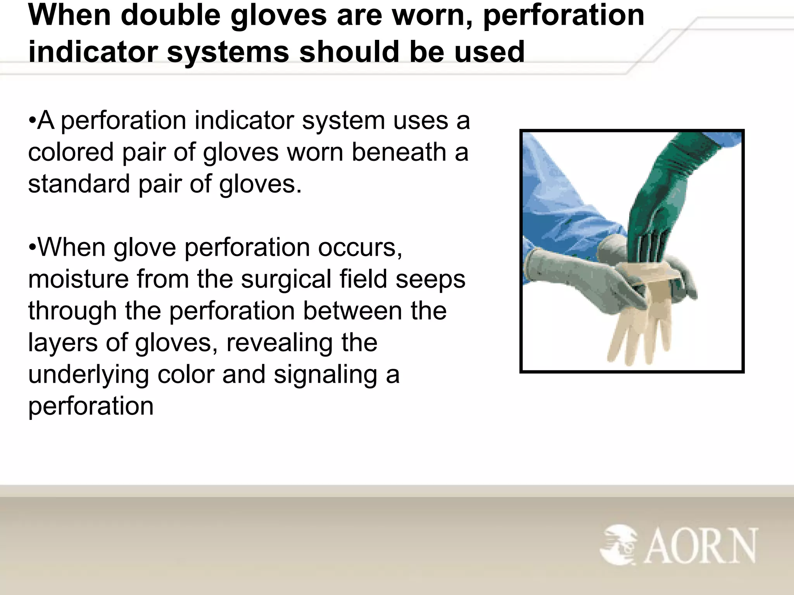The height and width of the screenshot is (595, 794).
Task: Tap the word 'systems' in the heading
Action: point(228,52)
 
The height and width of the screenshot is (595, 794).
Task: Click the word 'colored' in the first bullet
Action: point(71,152)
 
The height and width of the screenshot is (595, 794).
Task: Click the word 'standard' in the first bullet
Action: point(79,184)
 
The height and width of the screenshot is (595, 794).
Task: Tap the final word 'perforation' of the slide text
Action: point(91,407)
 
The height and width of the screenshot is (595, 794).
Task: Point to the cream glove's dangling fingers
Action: point(640,337)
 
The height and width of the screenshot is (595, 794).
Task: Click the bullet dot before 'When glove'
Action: point(32,248)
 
